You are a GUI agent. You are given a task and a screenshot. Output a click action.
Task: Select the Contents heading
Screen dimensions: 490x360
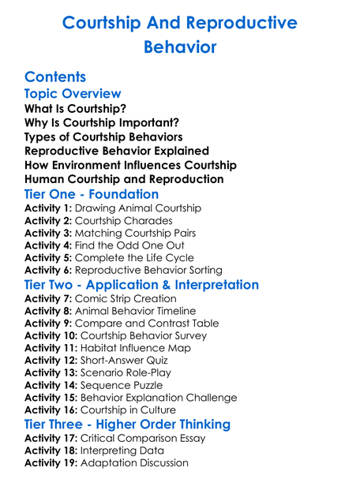pos(55,77)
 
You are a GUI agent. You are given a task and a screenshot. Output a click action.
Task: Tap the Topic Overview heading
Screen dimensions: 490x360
pos(73,94)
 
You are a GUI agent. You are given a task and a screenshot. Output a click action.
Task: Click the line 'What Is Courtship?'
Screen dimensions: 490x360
pos(76,108)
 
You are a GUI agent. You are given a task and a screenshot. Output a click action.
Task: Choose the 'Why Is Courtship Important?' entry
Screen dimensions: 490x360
pos(102,122)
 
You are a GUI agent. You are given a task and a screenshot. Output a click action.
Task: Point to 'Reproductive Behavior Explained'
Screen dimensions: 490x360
pos(117,151)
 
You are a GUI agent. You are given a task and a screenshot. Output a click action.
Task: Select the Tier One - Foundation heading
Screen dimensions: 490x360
pos(92,194)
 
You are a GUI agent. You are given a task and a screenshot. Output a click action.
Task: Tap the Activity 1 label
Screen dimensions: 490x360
pos(48,208)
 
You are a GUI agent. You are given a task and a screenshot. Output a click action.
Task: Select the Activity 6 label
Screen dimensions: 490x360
pos(48,270)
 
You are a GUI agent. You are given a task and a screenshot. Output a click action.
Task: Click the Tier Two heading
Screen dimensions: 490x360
pos(141,285)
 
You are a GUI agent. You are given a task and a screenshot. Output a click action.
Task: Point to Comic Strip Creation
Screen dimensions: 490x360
pos(126,299)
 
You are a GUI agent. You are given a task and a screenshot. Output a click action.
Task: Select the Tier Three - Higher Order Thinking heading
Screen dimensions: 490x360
pos(127,424)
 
